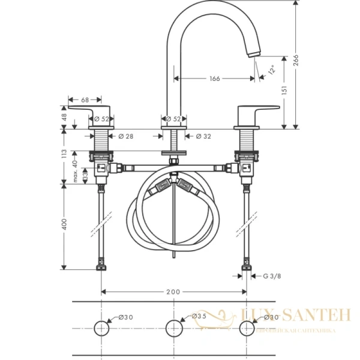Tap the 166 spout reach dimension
click(x=214, y=79)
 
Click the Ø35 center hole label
click(x=199, y=316)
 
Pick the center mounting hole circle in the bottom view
click(x=173, y=328)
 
